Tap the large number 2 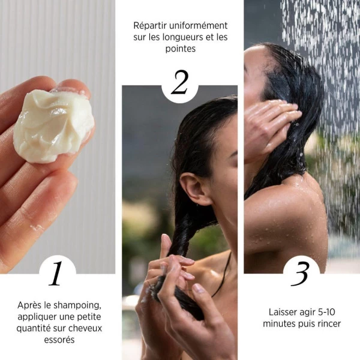pos(179,83)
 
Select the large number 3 pos(300,273)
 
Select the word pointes pos(179,49)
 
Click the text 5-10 pos(326,312)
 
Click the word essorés pos(59,339)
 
